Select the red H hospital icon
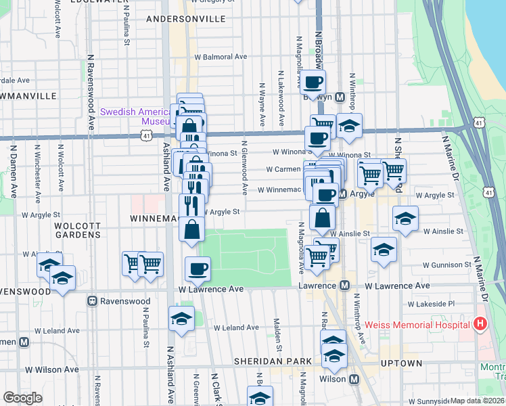pos(480,324)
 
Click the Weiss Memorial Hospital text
pos(419,325)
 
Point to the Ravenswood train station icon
pos(93,300)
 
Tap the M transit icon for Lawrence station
pos(344,286)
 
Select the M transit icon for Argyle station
pos(342,194)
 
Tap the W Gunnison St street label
pos(447,265)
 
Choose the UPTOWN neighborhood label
pos(402,363)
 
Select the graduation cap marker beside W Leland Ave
pos(181,319)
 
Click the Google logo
pos(22,398)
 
